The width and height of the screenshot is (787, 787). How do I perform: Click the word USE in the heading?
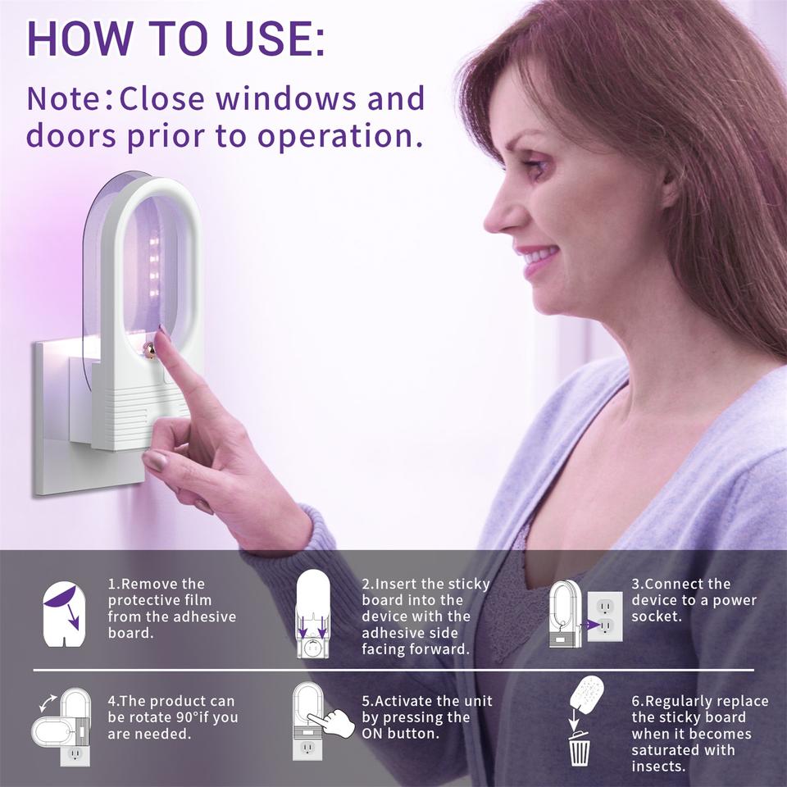[x=275, y=39]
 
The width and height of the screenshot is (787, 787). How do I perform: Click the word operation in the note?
[x=339, y=137]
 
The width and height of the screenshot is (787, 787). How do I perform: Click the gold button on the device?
[x=149, y=350]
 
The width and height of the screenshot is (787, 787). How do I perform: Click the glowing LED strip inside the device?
[x=154, y=266]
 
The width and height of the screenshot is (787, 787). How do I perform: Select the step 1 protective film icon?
[x=64, y=614]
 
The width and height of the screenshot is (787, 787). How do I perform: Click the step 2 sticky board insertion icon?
[x=312, y=613]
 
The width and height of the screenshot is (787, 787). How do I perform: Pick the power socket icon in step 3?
[x=605, y=616]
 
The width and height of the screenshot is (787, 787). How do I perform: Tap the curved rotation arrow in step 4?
[x=48, y=703]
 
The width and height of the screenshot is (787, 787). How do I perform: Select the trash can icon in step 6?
[x=580, y=748]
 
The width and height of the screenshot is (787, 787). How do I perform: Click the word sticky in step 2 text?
[x=468, y=585]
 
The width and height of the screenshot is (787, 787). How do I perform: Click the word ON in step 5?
[x=372, y=733]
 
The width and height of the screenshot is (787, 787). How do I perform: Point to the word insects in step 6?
[x=658, y=767]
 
